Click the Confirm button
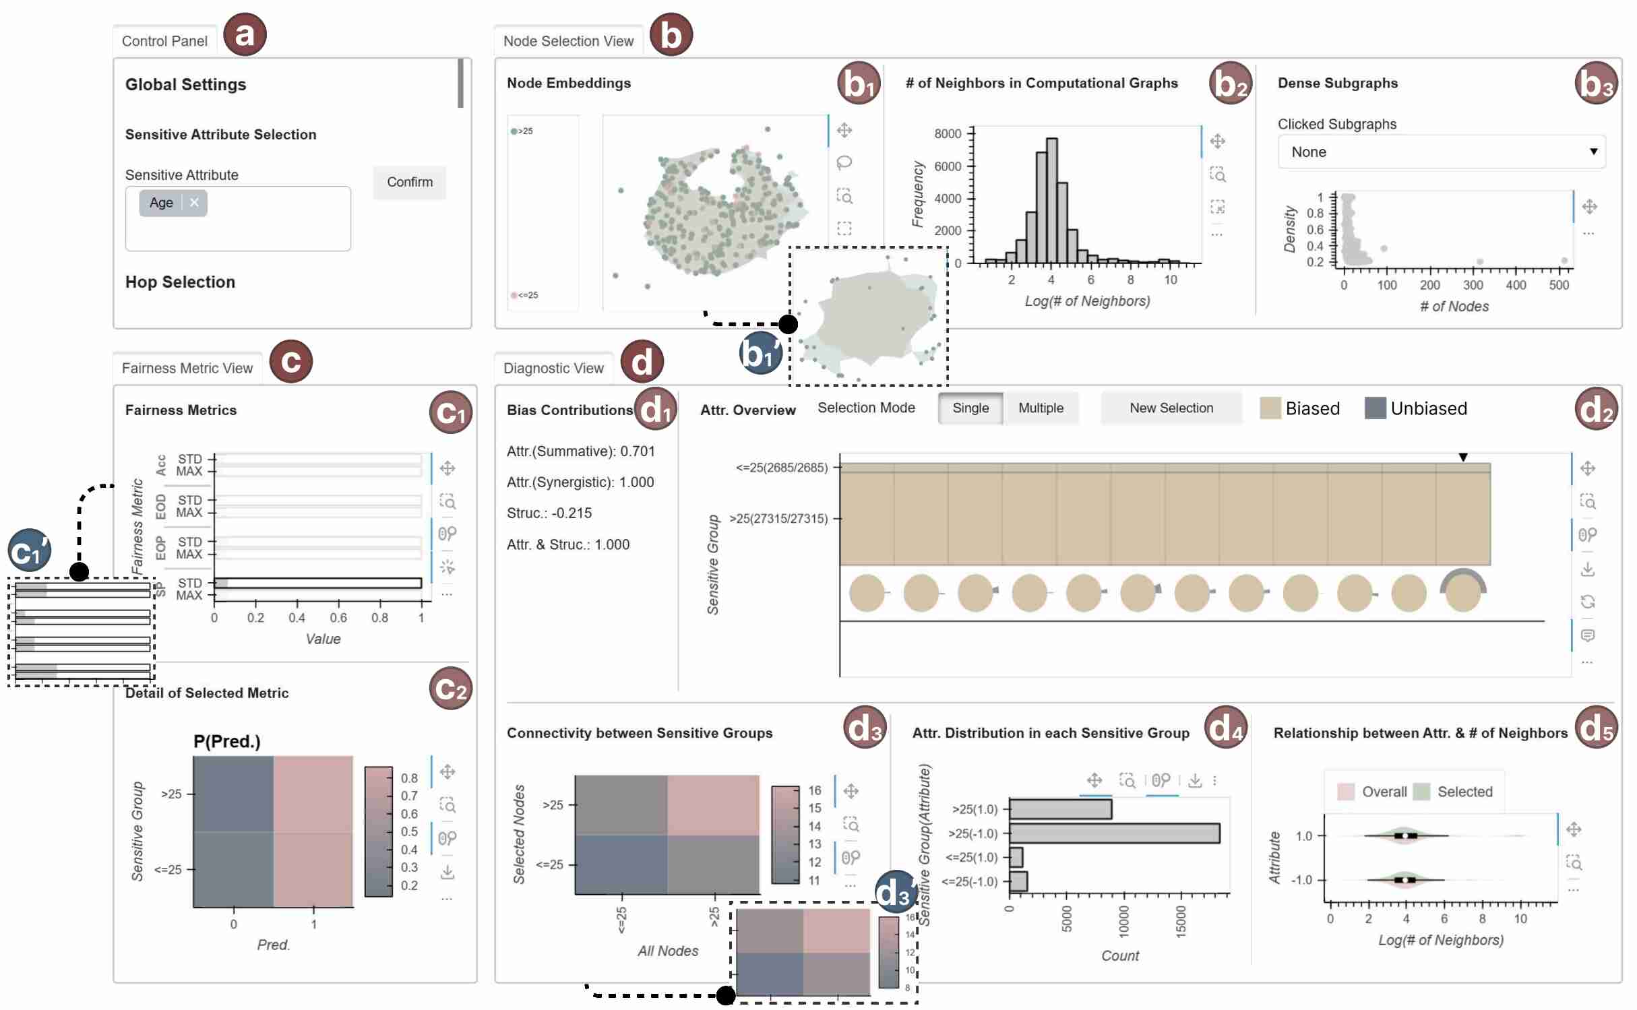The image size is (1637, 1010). [409, 182]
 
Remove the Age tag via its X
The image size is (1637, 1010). [194, 203]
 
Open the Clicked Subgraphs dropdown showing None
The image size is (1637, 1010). [1441, 152]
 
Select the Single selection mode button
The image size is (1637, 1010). [970, 408]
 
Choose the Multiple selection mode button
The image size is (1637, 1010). [1040, 408]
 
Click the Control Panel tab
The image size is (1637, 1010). [164, 41]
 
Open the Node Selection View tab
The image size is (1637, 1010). [567, 41]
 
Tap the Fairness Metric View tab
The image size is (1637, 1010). [187, 369]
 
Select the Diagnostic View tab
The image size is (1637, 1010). [553, 369]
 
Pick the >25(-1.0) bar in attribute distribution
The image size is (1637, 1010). [1114, 833]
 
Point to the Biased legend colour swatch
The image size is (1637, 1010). [1270, 408]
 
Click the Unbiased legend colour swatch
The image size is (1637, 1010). [1375, 408]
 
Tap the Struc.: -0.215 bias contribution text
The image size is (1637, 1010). [549, 513]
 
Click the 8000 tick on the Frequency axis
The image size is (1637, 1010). [948, 134]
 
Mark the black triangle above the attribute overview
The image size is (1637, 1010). [1462, 457]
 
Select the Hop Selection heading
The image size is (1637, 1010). [180, 282]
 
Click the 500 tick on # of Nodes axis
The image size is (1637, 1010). [1558, 285]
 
